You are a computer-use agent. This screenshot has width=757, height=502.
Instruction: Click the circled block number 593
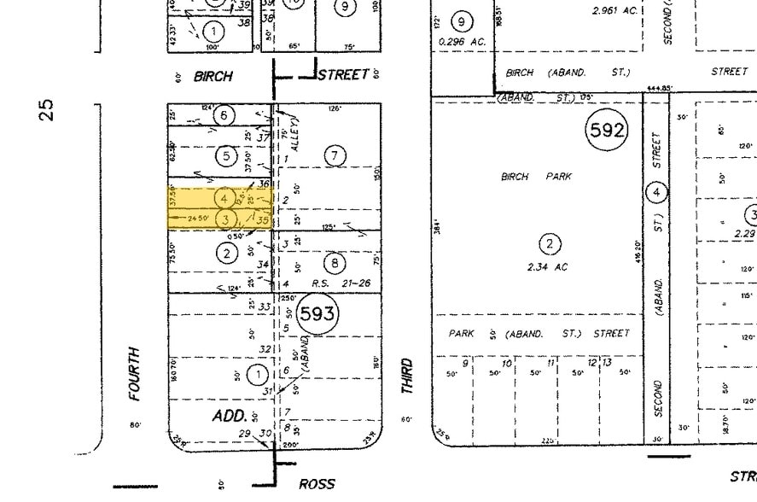tap(317, 313)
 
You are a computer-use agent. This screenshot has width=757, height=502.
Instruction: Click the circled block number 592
tap(606, 131)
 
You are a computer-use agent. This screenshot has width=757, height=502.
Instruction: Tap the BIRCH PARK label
tap(536, 177)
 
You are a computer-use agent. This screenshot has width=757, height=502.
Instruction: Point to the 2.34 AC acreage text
tap(548, 267)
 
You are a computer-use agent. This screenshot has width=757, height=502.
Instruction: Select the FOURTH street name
tap(133, 373)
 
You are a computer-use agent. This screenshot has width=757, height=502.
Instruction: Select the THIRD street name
tap(407, 376)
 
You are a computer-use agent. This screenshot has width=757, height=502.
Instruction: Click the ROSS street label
tap(317, 484)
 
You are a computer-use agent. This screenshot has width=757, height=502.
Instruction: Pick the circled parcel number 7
tap(335, 155)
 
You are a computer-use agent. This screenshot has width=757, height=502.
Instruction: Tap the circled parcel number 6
tap(224, 115)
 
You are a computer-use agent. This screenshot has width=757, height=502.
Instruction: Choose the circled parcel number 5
tap(225, 156)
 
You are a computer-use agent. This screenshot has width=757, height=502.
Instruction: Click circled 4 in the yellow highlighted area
tap(224, 198)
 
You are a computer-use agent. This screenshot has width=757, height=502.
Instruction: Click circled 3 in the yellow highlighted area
tap(224, 219)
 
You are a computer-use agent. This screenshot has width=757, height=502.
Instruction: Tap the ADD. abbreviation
tap(230, 416)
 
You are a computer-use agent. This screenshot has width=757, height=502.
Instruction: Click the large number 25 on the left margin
tap(47, 109)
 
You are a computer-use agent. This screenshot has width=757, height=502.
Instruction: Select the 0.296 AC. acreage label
tap(463, 40)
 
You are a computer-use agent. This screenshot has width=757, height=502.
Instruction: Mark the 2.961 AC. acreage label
tap(614, 11)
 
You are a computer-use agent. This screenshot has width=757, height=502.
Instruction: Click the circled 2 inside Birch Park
tap(550, 244)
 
